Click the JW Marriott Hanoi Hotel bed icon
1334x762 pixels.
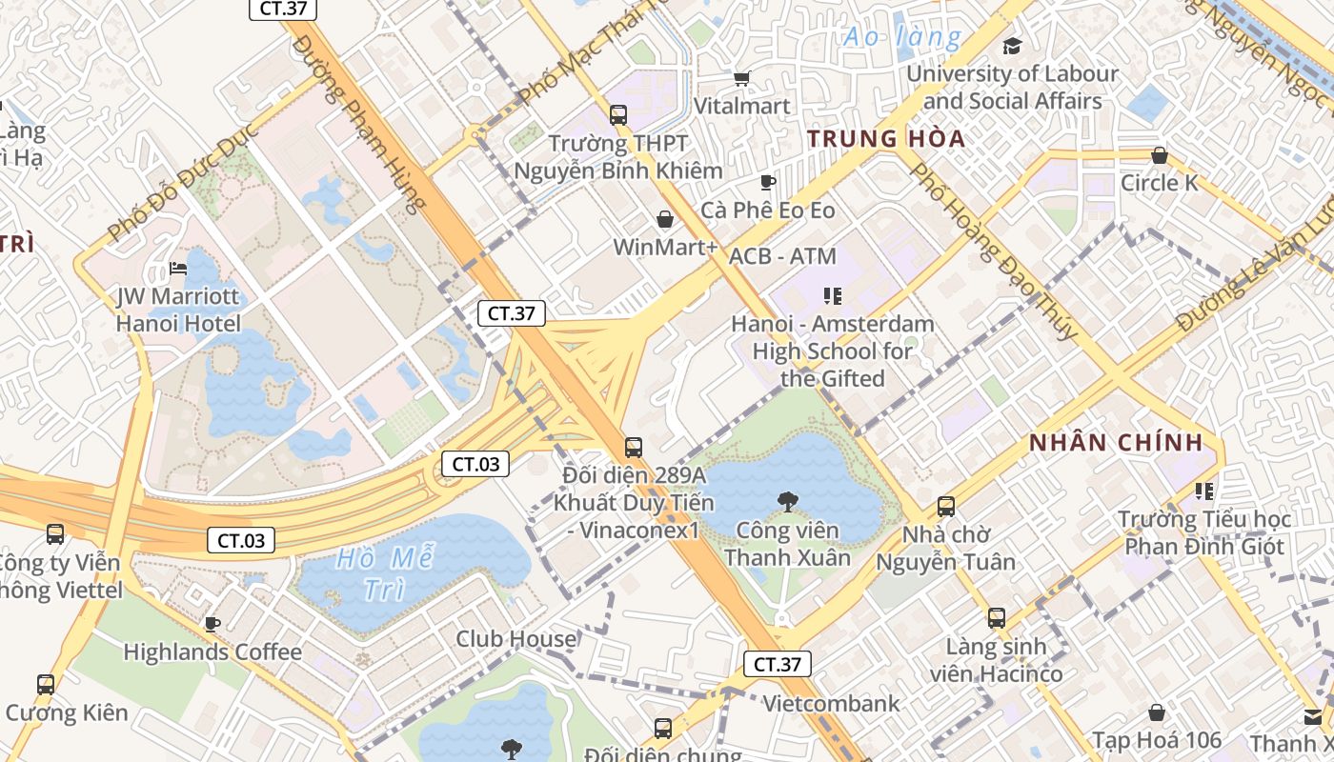click(177, 270)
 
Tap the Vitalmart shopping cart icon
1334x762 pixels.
click(741, 78)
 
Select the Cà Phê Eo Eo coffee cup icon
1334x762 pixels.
click(768, 182)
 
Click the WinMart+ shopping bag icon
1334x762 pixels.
click(665, 220)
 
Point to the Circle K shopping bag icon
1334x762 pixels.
click(1160, 155)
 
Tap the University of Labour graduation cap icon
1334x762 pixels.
click(1012, 46)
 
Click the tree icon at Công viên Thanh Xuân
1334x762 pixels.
click(787, 501)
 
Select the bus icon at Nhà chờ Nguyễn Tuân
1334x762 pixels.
click(945, 507)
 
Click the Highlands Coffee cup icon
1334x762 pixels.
click(212, 624)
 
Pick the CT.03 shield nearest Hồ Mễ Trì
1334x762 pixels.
click(241, 541)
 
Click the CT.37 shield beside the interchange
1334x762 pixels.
click(511, 313)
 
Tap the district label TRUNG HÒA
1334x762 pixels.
click(886, 139)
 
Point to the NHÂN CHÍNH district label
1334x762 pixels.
click(1116, 443)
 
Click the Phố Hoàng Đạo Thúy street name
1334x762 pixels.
click(995, 250)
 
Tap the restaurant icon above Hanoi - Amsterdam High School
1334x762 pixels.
click(833, 296)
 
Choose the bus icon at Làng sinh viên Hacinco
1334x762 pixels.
click(996, 618)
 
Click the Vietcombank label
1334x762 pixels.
click(832, 704)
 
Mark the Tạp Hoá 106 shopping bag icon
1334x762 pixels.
click(1156, 712)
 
